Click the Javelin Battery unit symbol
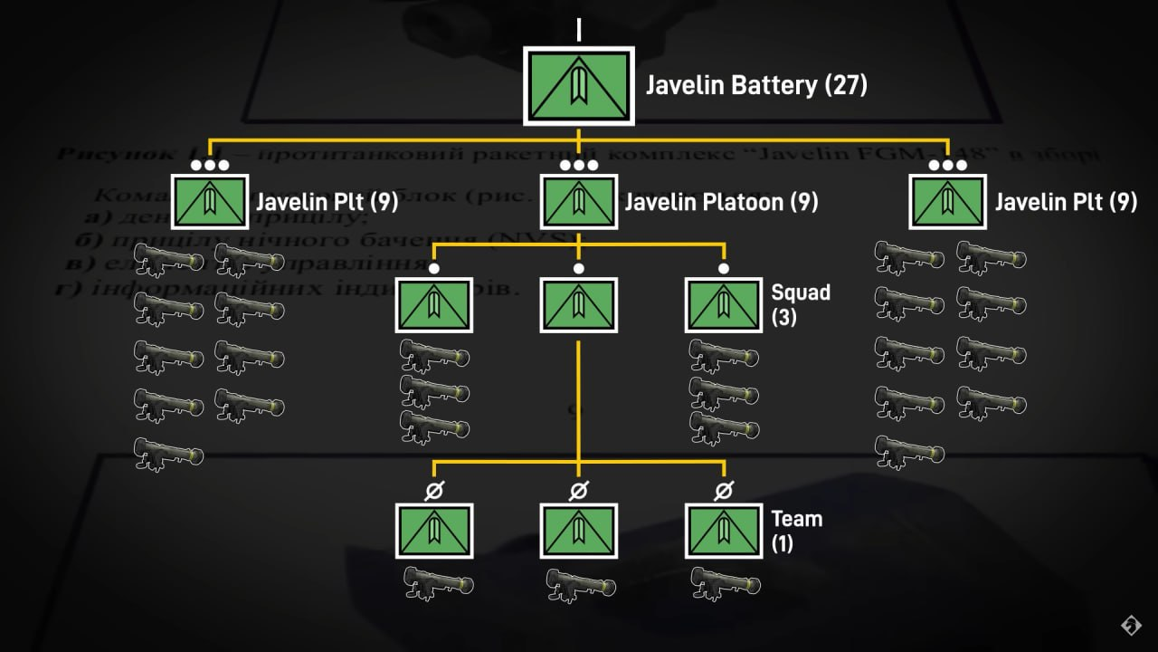click(579, 85)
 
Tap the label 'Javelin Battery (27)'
click(756, 85)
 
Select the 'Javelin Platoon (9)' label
click(721, 201)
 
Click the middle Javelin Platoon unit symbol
click(579, 201)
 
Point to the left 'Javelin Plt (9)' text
click(327, 201)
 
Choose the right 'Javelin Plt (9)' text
click(1066, 201)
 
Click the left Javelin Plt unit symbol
click(210, 201)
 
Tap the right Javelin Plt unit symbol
click(947, 201)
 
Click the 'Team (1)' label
click(796, 530)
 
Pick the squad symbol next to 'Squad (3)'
click(723, 305)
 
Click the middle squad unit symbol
click(579, 305)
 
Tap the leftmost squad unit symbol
click(434, 305)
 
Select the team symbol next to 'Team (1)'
click(723, 531)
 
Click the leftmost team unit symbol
click(434, 531)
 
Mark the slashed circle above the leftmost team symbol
click(434, 491)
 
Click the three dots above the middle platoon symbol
click(579, 166)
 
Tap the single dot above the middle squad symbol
click(579, 269)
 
